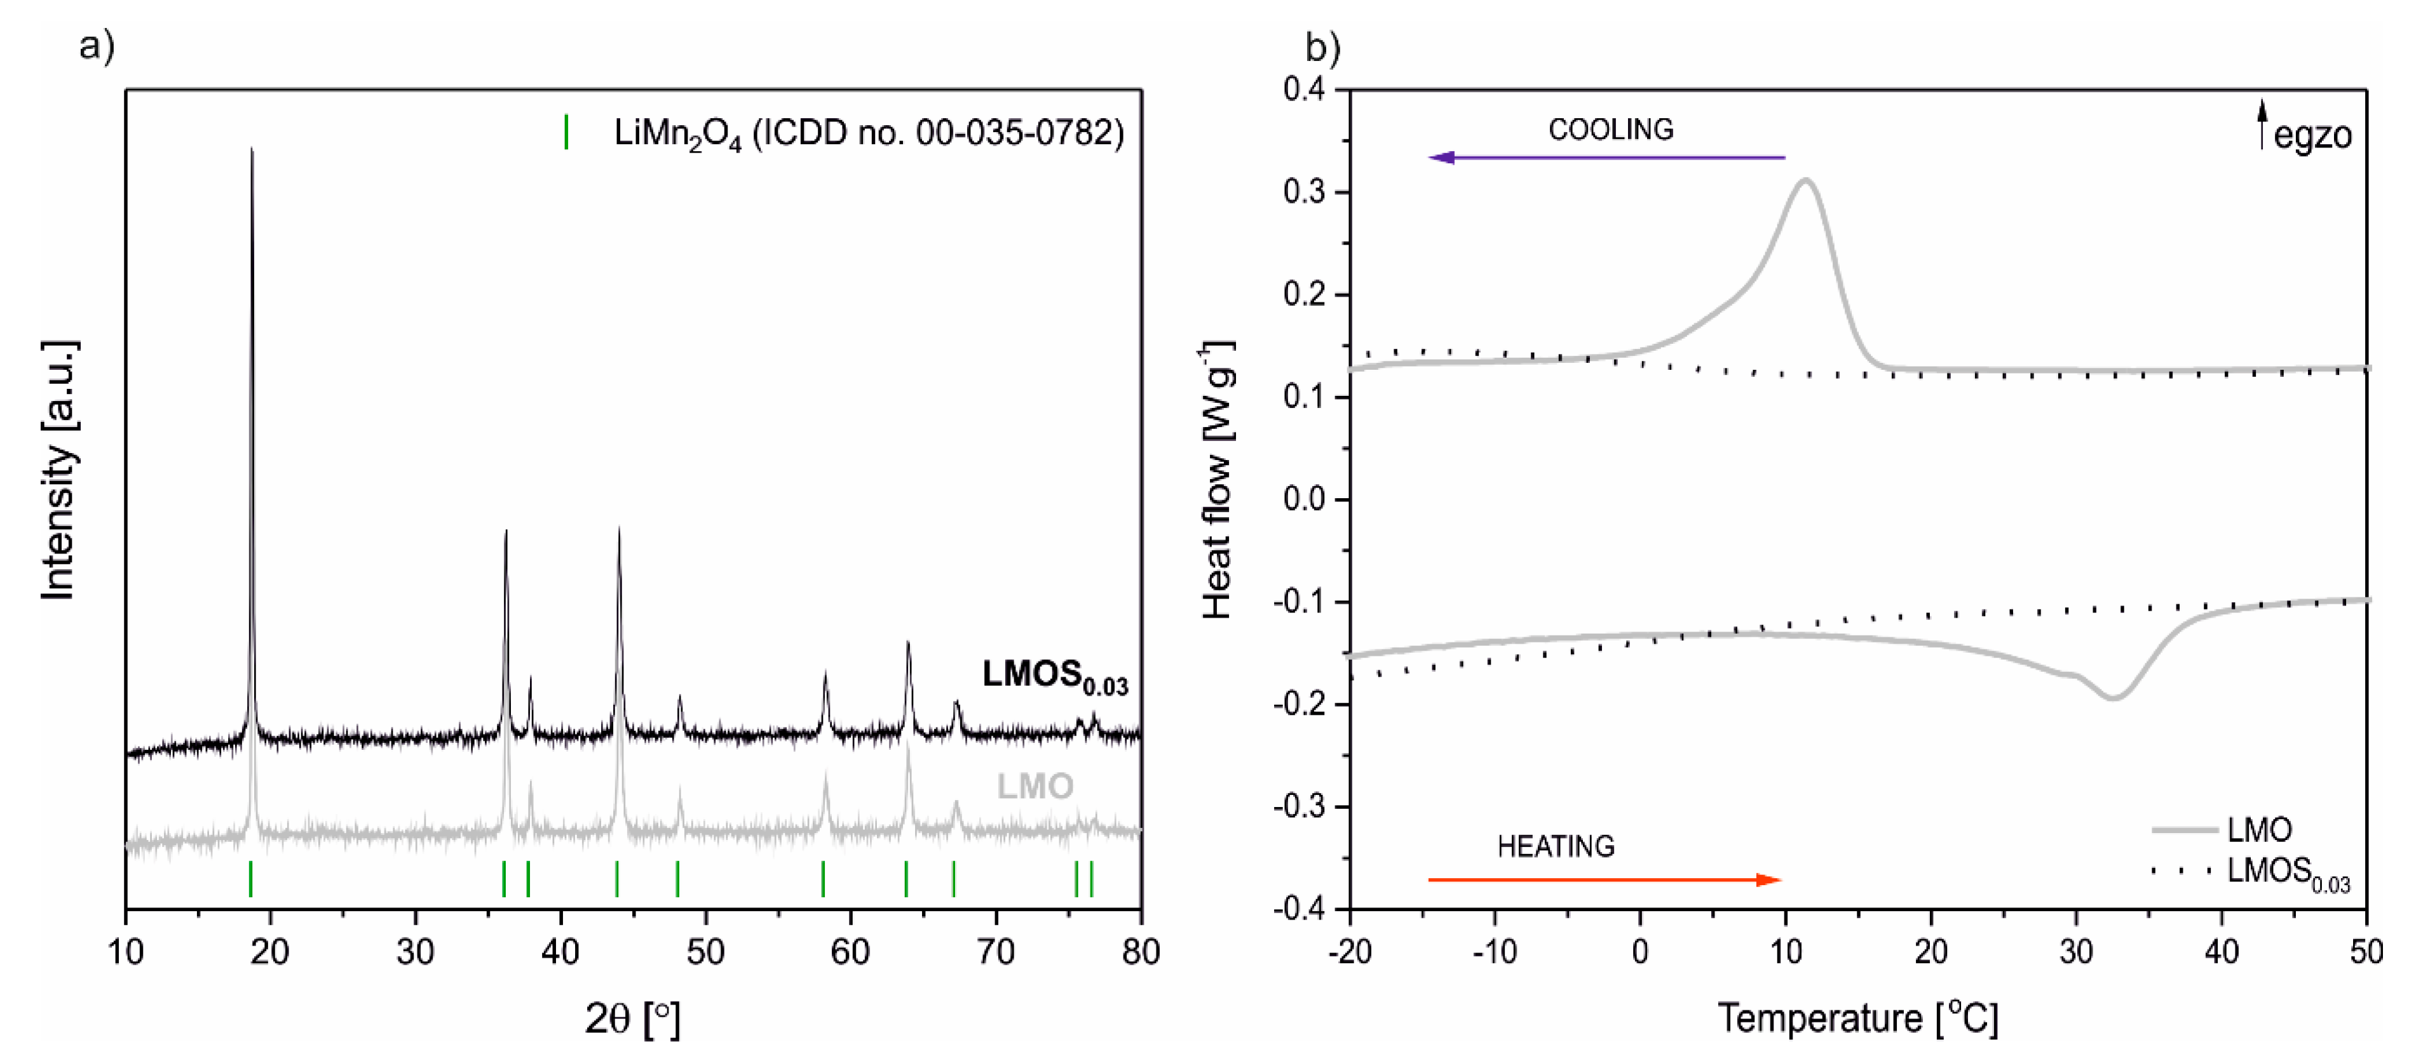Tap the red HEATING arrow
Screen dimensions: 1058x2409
tap(1604, 879)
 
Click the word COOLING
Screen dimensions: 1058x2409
tap(1610, 129)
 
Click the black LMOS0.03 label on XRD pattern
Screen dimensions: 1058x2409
tap(1054, 676)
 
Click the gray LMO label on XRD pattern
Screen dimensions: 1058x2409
tap(1035, 787)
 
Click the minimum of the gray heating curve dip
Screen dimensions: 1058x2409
tap(2112, 698)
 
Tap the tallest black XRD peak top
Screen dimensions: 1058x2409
tap(252, 150)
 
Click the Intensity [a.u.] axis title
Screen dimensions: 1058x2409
tap(59, 470)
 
